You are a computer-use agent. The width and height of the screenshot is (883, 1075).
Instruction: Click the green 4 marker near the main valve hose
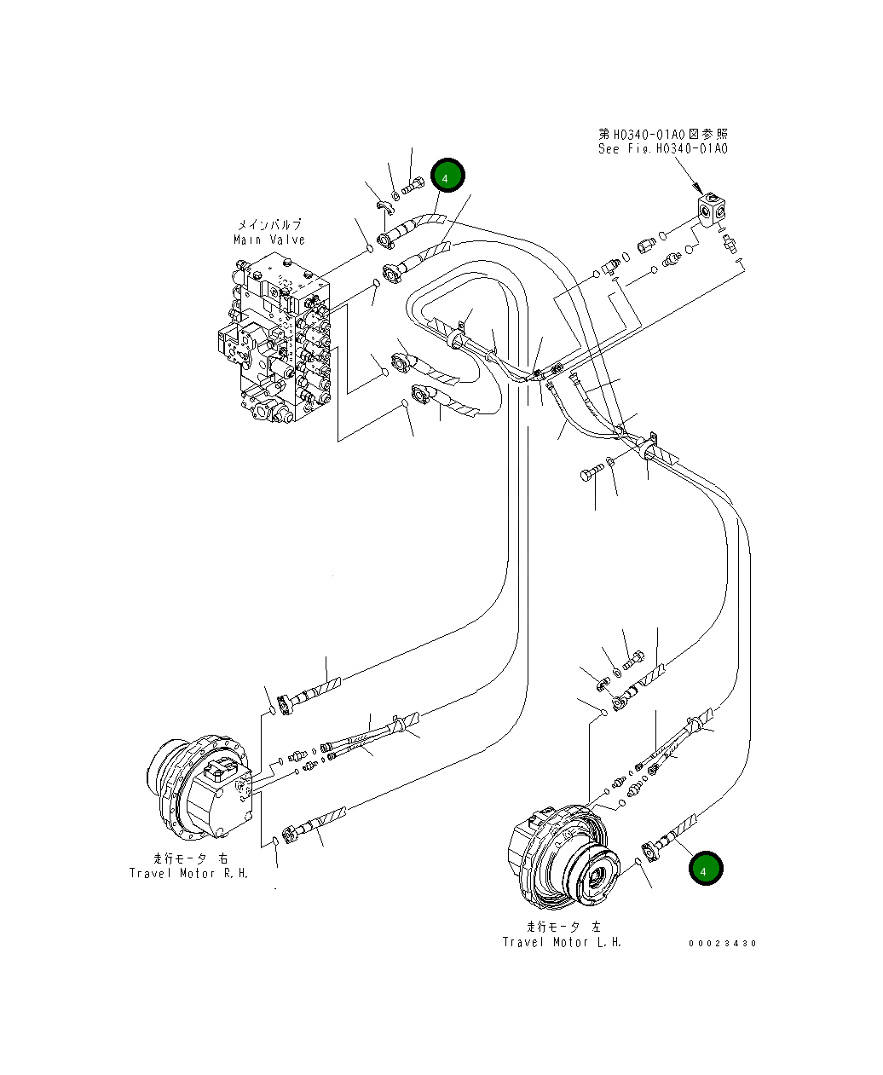pos(447,176)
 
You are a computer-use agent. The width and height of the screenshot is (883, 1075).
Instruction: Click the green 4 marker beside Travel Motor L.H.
pos(706,869)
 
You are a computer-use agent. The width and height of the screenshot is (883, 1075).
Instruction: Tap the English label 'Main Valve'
pos(268,240)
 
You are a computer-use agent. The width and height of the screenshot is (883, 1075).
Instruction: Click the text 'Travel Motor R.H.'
pos(188,873)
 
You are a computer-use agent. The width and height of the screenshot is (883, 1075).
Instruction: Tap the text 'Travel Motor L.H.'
pos(562,942)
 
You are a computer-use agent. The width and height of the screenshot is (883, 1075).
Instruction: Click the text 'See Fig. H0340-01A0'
pos(662,149)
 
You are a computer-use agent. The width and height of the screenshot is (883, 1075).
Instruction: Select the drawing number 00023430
pos(723,943)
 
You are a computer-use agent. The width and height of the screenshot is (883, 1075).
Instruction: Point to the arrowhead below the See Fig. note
pos(697,188)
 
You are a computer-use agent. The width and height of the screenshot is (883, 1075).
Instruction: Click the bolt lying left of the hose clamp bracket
pos(591,473)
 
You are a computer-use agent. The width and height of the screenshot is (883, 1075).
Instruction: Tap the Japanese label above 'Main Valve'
pos(268,225)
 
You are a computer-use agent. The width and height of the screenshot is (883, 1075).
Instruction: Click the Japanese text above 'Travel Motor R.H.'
pos(190,858)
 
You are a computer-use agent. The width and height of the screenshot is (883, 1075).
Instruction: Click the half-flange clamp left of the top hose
pos(385,205)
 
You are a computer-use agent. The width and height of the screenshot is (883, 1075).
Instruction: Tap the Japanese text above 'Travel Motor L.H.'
pos(563,927)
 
